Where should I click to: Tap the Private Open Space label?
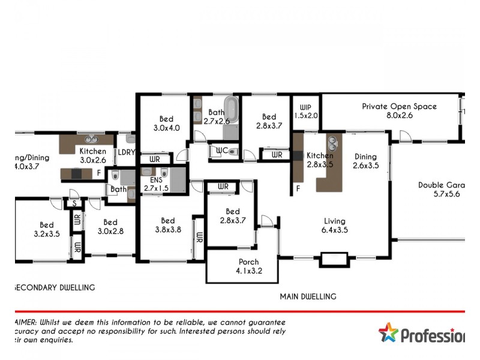pos(399,111)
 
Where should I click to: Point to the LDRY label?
pos(125,152)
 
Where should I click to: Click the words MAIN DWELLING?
pos(308,296)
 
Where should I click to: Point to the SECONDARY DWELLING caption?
pos(54,287)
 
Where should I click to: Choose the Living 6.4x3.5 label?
pos(335,225)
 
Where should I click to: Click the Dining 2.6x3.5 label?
pos(365,161)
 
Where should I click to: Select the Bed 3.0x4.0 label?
pos(166,123)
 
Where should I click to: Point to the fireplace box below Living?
pos(334,259)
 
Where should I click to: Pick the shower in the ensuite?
pos(177,178)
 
